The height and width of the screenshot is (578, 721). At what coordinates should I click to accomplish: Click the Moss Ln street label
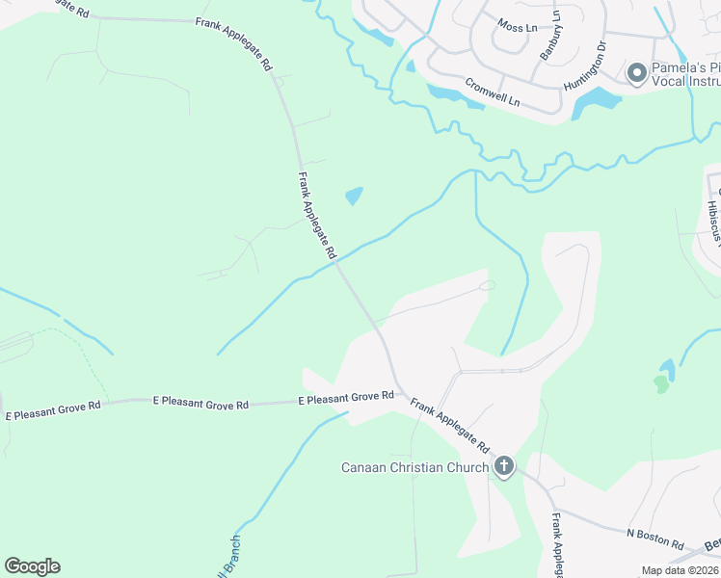[518, 27]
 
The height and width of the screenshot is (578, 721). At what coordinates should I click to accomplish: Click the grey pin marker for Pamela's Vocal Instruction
[636, 73]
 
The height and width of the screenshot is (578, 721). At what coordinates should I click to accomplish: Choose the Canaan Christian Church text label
[415, 468]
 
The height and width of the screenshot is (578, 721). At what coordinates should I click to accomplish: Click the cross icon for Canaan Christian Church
[503, 468]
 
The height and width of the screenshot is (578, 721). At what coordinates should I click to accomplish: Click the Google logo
[32, 566]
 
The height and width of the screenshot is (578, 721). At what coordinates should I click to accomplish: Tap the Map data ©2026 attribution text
[680, 570]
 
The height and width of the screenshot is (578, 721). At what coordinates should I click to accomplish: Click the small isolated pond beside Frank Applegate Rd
[354, 196]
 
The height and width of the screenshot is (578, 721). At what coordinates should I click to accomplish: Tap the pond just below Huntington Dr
[596, 102]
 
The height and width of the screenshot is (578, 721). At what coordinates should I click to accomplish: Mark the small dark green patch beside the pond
[659, 383]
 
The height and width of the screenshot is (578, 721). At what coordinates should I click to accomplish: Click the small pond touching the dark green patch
[666, 368]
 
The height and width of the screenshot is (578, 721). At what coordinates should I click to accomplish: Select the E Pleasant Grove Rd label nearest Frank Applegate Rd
[346, 397]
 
